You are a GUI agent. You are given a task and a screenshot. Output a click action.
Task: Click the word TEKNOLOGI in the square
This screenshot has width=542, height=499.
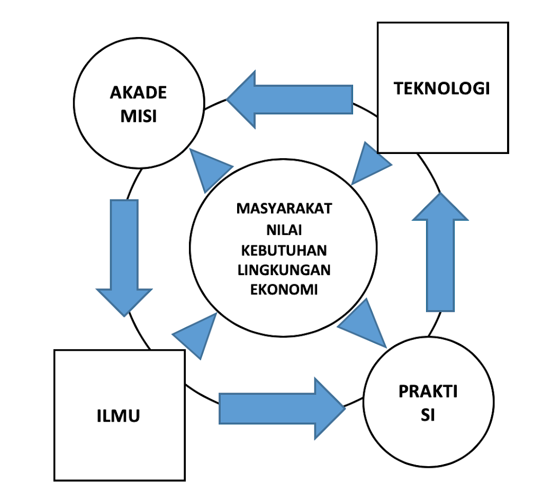[442, 88]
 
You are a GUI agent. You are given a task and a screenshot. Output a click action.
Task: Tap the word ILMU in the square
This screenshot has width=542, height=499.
[119, 415]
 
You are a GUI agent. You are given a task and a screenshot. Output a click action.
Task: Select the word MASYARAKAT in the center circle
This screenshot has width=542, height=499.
[284, 208]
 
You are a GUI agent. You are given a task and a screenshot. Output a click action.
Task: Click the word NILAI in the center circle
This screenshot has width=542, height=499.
[284, 229]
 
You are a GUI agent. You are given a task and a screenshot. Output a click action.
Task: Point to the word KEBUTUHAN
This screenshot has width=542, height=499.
[284, 249]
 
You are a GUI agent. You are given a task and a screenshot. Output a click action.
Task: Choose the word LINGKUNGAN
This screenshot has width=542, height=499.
[284, 270]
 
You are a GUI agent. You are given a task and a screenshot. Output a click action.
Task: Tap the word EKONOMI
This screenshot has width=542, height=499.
[284, 290]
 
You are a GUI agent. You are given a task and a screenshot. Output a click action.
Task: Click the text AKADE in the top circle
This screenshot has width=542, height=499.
[138, 93]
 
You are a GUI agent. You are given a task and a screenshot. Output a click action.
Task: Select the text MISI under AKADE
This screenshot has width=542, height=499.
[138, 116]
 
